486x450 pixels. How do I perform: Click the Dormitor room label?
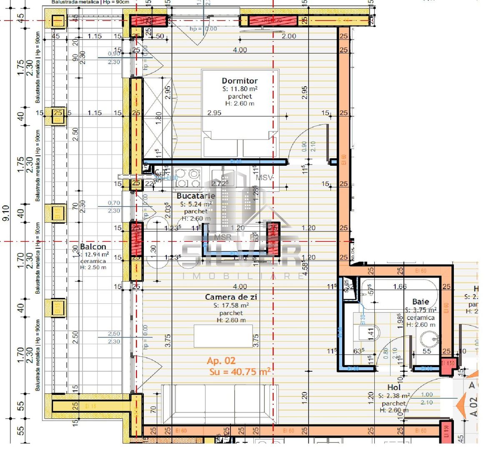[240, 81]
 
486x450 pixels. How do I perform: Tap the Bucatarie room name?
[196, 196]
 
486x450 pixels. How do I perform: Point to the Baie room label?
[420, 302]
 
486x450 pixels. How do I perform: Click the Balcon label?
[93, 247]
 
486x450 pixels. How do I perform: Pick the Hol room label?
[393, 387]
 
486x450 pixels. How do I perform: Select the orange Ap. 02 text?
[221, 361]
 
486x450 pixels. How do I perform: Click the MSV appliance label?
[264, 177]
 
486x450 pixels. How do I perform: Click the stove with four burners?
[188, 178]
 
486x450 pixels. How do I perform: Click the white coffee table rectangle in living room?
[223, 336]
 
